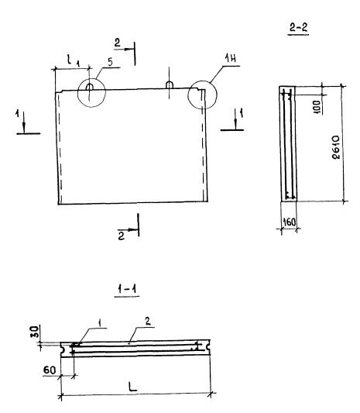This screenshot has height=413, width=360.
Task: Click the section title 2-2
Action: (299, 27)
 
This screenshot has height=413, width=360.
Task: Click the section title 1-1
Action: (127, 290)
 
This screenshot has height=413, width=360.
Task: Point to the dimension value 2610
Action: (336, 147)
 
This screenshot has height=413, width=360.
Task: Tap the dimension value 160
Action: (290, 222)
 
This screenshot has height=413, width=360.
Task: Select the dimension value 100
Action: (317, 107)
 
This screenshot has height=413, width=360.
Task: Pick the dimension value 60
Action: (50, 370)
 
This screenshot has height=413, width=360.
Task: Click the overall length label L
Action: (132, 386)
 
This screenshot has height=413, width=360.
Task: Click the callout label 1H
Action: (230, 58)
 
